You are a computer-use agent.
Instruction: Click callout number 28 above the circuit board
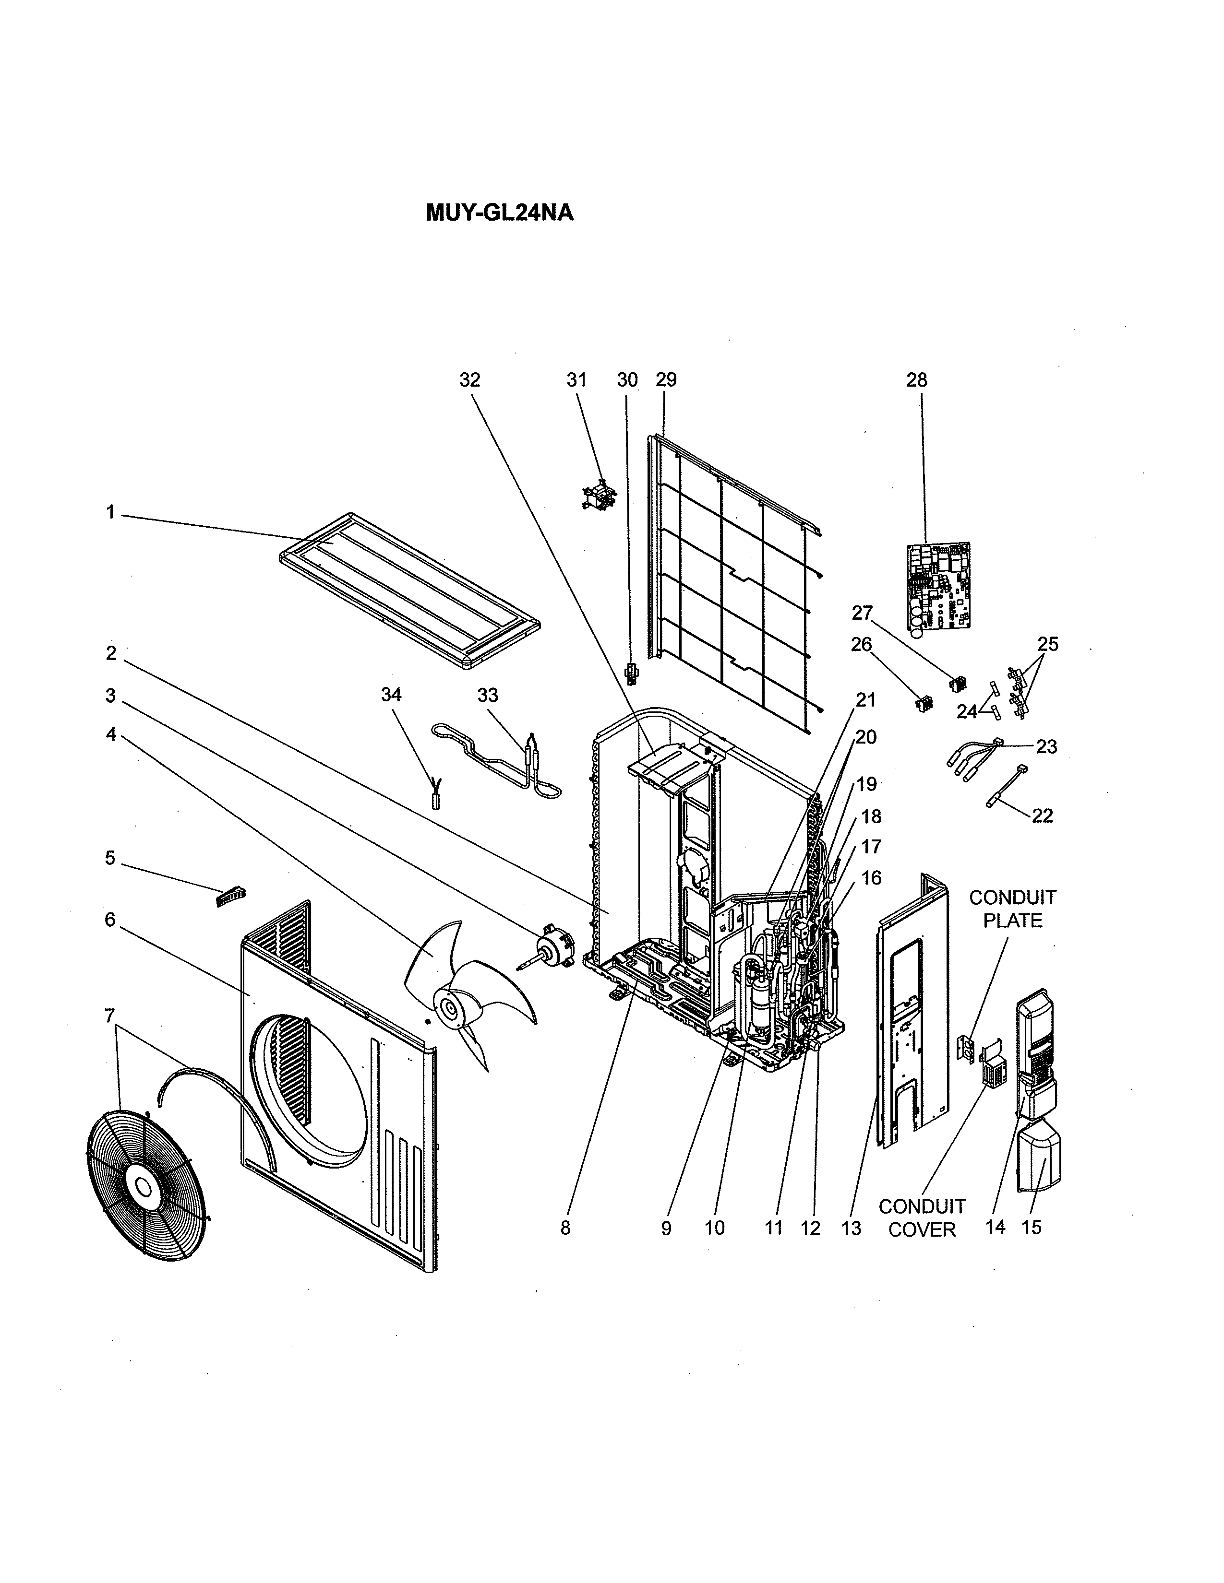[916, 380]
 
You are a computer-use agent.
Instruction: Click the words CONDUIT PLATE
[1012, 909]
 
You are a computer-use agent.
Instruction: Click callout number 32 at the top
[470, 380]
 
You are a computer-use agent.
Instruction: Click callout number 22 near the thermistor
[1042, 815]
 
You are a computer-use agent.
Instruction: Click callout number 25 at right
[1047, 644]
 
